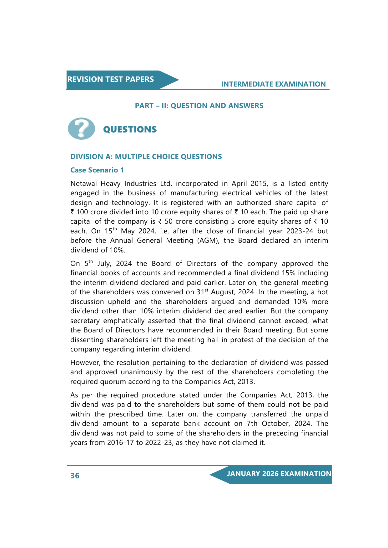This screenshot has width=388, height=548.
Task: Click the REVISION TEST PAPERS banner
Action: coord(111,79)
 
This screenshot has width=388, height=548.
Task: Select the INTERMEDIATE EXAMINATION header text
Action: coord(273,84)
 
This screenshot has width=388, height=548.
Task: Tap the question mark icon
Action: coord(81,128)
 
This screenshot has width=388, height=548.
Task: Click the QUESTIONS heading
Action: coord(130,129)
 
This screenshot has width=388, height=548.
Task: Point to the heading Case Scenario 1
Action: coord(97,170)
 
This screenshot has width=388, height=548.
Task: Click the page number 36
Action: coord(75,476)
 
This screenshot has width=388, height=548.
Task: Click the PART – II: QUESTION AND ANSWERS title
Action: coord(199,106)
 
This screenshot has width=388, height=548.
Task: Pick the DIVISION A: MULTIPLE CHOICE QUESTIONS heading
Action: coord(146,157)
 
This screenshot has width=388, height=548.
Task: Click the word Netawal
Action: coord(83,184)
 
